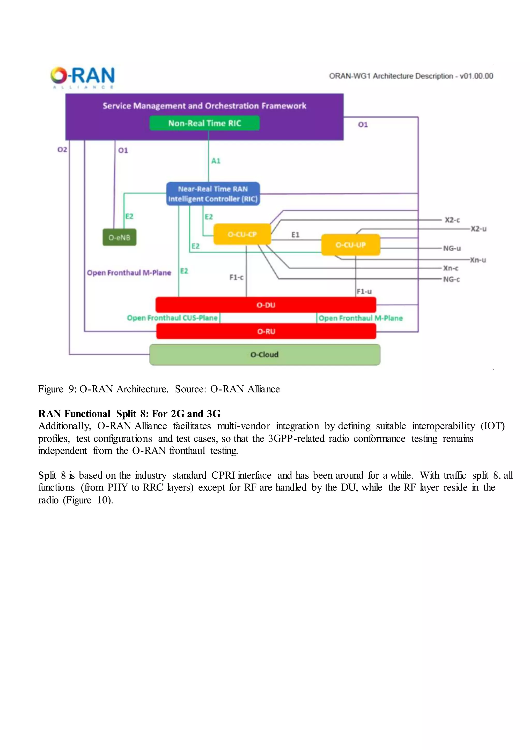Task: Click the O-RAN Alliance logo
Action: tap(82, 77)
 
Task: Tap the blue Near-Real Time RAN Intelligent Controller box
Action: tap(213, 194)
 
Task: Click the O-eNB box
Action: tap(120, 237)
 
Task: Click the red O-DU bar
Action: tap(266, 305)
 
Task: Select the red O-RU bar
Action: tap(266, 331)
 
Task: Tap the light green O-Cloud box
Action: tap(264, 355)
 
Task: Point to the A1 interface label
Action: tap(216, 161)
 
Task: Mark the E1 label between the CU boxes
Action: tap(295, 235)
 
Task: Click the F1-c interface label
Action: tap(236, 277)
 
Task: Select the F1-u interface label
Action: tap(364, 291)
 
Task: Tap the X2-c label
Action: tap(452, 220)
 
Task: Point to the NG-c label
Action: tap(451, 279)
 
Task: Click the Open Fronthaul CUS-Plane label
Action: tap(172, 318)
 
